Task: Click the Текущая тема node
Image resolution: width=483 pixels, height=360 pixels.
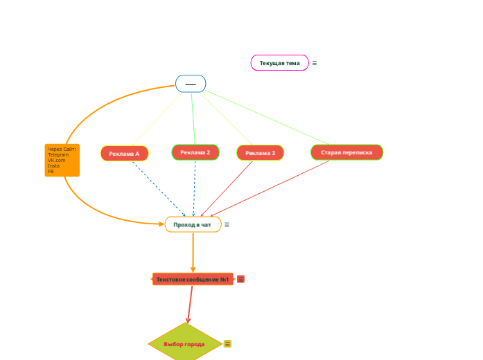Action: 279,63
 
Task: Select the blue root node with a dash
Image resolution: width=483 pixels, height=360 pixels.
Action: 191,84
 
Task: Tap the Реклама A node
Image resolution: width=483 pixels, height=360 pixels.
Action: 125,153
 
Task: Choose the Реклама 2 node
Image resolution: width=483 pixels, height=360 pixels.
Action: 195,152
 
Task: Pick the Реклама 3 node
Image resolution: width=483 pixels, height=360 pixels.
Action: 260,153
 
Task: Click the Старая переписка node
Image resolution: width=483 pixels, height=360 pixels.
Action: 346,152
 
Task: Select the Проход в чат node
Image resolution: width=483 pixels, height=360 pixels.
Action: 193,224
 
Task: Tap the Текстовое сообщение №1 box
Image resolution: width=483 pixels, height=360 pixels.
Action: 193,279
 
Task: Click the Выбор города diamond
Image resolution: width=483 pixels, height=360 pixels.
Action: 185,343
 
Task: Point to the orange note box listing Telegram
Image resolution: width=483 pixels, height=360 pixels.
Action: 62,160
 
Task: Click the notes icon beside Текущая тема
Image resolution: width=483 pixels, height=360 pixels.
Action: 315,63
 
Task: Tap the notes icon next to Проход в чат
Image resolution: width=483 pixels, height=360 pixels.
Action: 227,224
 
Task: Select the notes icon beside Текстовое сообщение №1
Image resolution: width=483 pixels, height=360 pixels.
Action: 240,279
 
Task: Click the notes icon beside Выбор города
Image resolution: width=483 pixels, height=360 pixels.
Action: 227,343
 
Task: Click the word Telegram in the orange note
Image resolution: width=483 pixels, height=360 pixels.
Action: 58,155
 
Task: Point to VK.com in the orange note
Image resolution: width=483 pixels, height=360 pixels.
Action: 56,161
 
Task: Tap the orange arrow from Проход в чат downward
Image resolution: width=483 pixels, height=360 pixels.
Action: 193,253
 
